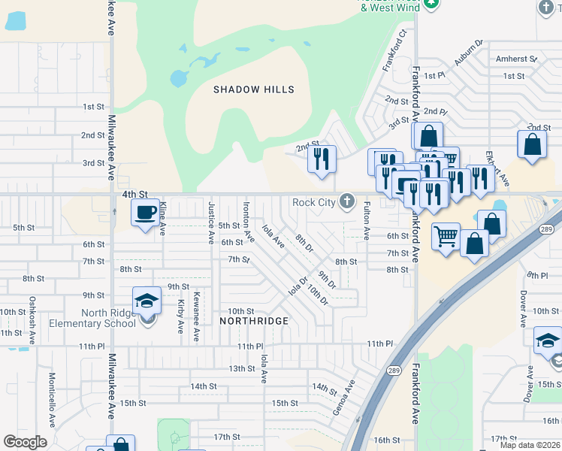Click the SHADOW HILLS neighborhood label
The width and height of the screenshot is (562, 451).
(253, 89)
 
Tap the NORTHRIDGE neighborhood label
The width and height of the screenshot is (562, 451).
(254, 321)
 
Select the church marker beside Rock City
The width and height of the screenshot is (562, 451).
(346, 201)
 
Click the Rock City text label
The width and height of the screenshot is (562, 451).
(313, 201)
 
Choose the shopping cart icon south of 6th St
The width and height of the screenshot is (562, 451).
(446, 237)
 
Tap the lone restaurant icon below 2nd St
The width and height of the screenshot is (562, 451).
(322, 159)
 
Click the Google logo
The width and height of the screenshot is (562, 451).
(26, 442)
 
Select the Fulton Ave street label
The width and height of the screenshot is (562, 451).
(367, 220)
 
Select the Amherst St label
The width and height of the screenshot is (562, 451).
(516, 59)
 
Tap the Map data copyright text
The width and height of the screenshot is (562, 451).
(530, 445)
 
